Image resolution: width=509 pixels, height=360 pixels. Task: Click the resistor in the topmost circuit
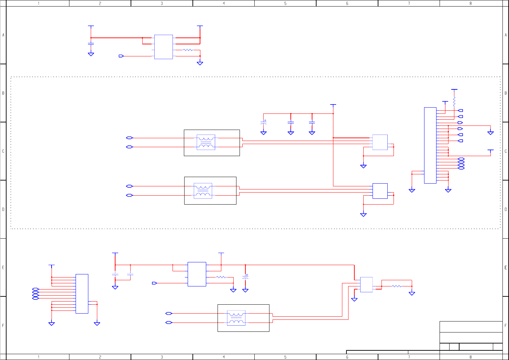pyautogui.click(x=188, y=50)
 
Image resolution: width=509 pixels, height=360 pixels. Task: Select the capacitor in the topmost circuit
pyautogui.click(x=91, y=44)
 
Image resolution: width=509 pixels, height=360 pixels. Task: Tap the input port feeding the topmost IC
pyautogui.click(x=121, y=56)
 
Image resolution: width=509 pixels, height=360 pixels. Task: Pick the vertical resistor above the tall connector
pyautogui.click(x=454, y=102)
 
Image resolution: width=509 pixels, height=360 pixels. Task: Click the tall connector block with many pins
pyautogui.click(x=430, y=145)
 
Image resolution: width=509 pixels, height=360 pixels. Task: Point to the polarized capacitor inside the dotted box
pyautogui.click(x=264, y=122)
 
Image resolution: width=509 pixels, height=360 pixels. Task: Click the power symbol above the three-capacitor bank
pyautogui.click(x=333, y=105)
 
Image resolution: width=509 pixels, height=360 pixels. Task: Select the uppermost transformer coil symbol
pyautogui.click(x=206, y=142)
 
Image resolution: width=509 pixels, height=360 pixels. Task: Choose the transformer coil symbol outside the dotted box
pyautogui.click(x=236, y=318)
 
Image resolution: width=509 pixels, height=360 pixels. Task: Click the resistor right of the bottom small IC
pyautogui.click(x=397, y=286)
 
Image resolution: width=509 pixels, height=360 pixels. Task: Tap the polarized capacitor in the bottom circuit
pyautogui.click(x=245, y=276)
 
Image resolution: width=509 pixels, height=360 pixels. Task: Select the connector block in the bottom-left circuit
pyautogui.click(x=82, y=294)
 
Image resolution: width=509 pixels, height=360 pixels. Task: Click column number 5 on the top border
pyautogui.click(x=285, y=3)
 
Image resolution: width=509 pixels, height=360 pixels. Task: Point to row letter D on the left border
pyautogui.click(x=3, y=209)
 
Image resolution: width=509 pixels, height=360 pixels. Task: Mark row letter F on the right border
pyautogui.click(x=506, y=325)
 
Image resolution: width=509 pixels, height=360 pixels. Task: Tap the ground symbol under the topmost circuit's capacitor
pyautogui.click(x=91, y=54)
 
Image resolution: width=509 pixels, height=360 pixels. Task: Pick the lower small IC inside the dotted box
pyautogui.click(x=380, y=191)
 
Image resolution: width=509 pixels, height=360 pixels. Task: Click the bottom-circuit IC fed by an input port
pyautogui.click(x=197, y=274)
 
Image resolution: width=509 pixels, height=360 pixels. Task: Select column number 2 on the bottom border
pyautogui.click(x=100, y=357)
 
